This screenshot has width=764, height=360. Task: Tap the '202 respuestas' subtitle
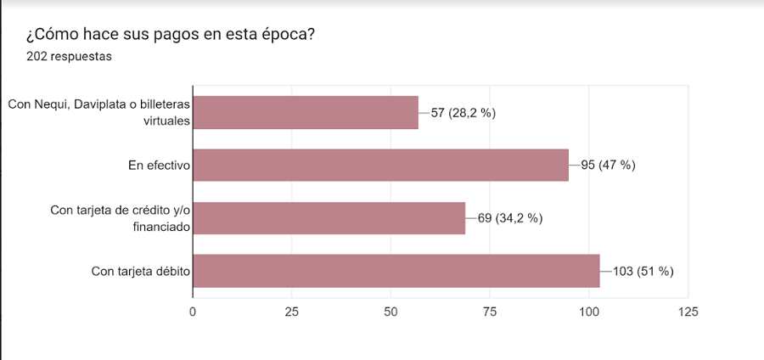[70, 57]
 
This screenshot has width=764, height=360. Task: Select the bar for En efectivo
[380, 165]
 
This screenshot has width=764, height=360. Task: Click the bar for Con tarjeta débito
[396, 271]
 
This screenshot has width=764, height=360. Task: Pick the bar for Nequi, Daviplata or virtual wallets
[306, 112]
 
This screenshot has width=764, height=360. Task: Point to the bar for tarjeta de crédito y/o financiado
[329, 218]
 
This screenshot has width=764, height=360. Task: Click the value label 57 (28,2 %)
[463, 113]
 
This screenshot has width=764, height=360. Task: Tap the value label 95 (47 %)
[608, 166]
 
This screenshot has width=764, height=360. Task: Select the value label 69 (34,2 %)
[510, 218]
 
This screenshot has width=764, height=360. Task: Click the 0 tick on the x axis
[193, 312]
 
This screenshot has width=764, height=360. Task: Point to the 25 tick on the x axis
[292, 312]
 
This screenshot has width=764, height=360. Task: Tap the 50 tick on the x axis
[391, 312]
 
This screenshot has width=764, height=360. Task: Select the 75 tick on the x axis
[490, 312]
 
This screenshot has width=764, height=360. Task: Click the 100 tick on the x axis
[589, 312]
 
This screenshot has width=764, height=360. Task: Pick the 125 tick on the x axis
[688, 312]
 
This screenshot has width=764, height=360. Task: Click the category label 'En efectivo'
[157, 166]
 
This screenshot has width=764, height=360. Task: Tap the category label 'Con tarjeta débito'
[140, 272]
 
